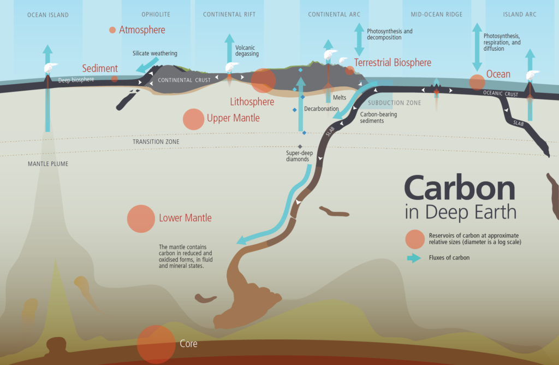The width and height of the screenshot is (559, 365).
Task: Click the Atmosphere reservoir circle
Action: pos(112,30)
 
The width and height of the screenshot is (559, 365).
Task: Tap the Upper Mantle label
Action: pos(233,118)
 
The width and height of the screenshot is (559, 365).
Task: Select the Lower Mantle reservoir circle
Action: pos(141,219)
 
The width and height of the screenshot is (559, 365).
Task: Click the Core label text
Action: pos(188,344)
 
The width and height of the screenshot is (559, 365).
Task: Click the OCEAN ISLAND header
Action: pos(48,15)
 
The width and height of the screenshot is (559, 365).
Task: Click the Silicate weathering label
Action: pos(154,54)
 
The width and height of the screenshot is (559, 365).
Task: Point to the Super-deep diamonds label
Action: pos(300,157)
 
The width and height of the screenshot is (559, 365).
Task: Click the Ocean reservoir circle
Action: pos(477,83)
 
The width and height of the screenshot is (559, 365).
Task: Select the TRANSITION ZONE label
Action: pos(156,142)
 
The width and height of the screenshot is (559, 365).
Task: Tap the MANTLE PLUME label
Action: pos(48,163)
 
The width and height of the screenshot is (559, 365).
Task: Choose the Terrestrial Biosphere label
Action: pos(393,63)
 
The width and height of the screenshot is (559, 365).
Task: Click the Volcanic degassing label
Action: pos(247,51)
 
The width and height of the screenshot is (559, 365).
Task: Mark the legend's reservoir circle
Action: pos(415,238)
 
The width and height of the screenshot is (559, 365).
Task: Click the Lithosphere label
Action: pos(252,101)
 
